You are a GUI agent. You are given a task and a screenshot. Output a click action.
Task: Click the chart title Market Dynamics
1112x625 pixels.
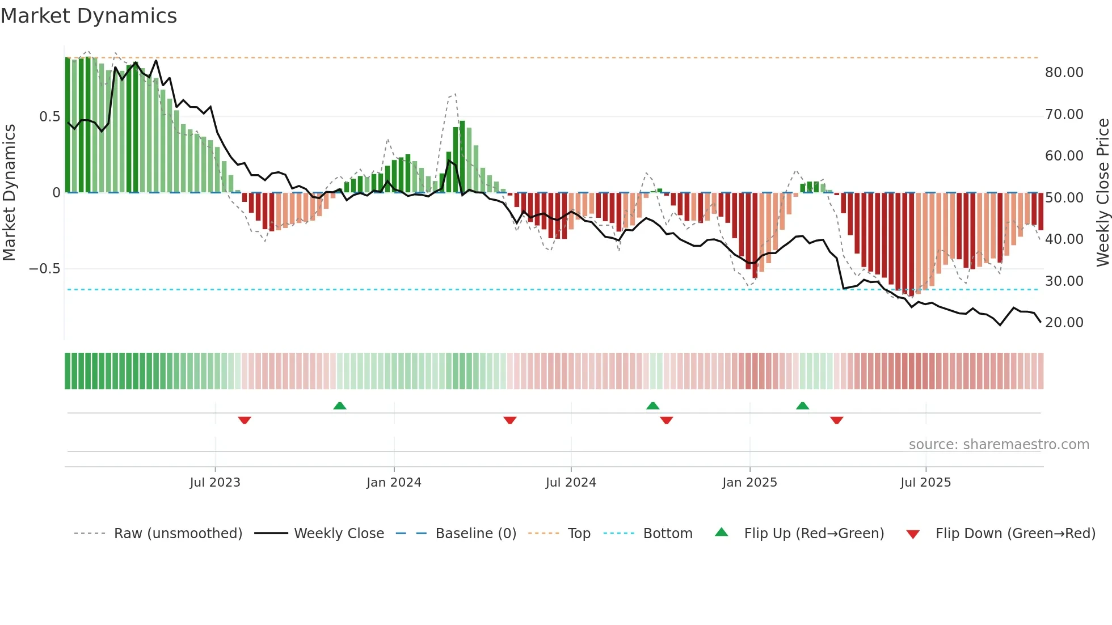pyautogui.click(x=89, y=16)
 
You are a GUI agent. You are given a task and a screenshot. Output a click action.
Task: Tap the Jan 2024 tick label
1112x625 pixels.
pyautogui.click(x=394, y=483)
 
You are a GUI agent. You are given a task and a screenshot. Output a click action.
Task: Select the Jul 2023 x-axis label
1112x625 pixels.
pyautogui.click(x=215, y=483)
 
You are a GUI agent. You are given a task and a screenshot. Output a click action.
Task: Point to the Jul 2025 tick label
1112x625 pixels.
pyautogui.click(x=925, y=483)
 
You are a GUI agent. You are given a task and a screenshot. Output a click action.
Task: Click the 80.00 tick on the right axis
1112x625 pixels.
pyautogui.click(x=1064, y=73)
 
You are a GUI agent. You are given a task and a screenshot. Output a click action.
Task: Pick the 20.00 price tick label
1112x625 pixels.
pyautogui.click(x=1064, y=323)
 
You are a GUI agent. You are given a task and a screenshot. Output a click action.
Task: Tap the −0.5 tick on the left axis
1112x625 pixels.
pyautogui.click(x=44, y=269)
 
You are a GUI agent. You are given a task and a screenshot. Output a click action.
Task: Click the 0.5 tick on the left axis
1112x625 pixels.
pyautogui.click(x=49, y=117)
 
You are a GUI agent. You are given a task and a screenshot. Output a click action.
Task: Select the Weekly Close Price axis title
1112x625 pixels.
pyautogui.click(x=1102, y=192)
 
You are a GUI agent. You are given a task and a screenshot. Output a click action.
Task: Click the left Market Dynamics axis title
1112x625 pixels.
pyautogui.click(x=9, y=192)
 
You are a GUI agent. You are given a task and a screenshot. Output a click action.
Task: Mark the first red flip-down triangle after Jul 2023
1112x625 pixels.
pyautogui.click(x=245, y=420)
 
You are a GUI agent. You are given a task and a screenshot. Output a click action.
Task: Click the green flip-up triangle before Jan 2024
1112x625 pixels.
pyautogui.click(x=339, y=406)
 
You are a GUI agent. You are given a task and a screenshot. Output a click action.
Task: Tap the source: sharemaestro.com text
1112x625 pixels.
pyautogui.click(x=999, y=445)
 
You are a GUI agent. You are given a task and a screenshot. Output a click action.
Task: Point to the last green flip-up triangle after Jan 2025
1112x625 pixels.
pyautogui.click(x=802, y=406)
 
